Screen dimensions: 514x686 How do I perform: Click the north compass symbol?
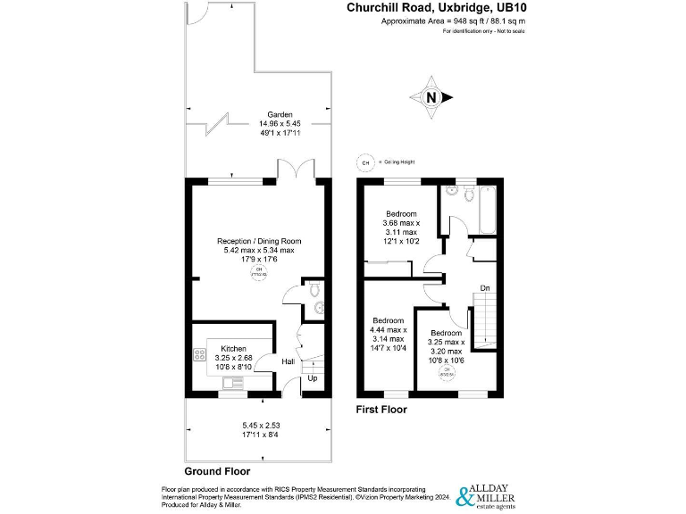431,97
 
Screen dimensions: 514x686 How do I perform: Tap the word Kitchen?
234,348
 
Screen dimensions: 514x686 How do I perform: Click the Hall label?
289,361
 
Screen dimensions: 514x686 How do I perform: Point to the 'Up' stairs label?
312,378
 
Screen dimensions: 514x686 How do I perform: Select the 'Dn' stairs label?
485,288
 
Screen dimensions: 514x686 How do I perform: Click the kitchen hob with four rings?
197,355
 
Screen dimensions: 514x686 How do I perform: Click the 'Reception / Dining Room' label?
259,241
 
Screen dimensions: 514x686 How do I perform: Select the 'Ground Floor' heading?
217,470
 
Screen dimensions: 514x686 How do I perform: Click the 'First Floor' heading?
381,410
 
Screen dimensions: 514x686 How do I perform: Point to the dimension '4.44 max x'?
389,330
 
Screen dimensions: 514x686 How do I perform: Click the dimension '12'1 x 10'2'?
401,241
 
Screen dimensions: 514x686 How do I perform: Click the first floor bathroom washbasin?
452,192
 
